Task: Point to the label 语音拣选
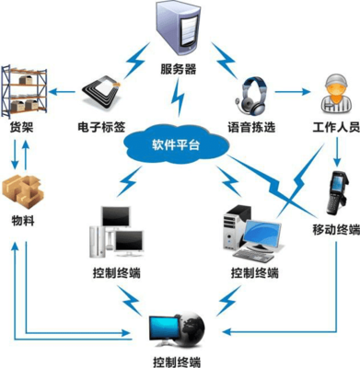pos(251,122)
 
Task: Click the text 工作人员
pos(329,122)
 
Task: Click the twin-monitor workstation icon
pos(116,231)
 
